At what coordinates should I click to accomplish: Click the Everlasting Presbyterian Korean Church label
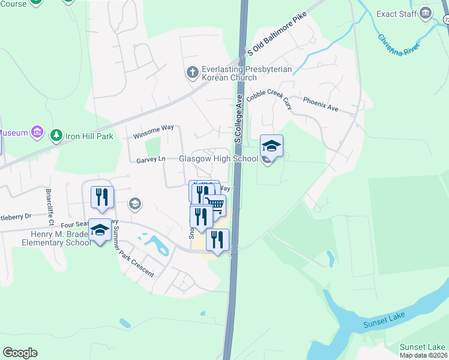coord(247,74)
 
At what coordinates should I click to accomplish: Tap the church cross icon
coord(193,73)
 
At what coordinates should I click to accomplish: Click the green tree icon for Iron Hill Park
coord(56,135)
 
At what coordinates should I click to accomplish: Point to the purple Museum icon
coord(37,131)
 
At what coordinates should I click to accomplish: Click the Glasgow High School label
coord(218,159)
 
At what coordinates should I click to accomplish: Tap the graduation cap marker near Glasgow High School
coord(271,146)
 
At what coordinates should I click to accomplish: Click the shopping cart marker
coord(215,206)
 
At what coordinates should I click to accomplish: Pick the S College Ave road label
coord(237,119)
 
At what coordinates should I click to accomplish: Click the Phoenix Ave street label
coord(321,104)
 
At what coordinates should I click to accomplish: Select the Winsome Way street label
coord(153,131)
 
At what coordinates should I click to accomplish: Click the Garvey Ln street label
coord(150,160)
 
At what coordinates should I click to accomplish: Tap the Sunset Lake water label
coord(384,320)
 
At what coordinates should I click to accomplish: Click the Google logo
coord(20,353)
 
